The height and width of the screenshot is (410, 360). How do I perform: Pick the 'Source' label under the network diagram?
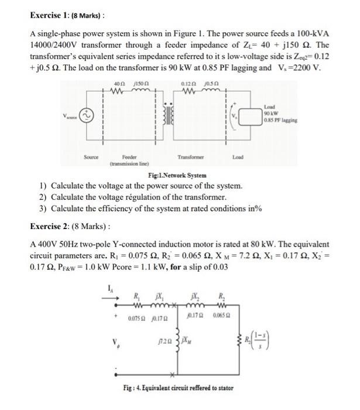click(91, 157)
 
